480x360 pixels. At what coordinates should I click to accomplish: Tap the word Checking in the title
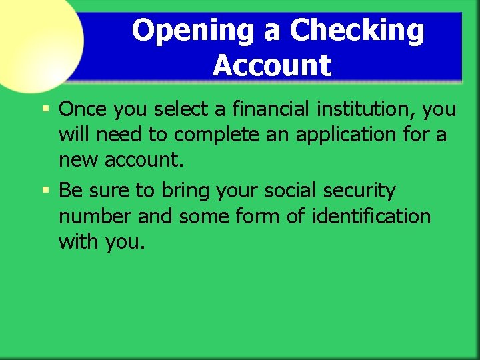point(357,31)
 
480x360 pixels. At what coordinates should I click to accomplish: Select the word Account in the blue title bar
point(272,65)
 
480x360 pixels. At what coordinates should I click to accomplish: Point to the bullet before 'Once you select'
point(45,108)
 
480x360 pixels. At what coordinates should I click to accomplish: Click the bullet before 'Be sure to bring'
point(45,191)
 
